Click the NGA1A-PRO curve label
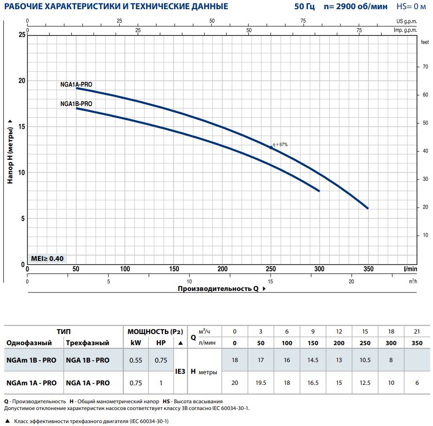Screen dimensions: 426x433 tap(77, 84)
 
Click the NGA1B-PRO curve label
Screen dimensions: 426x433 tap(77, 104)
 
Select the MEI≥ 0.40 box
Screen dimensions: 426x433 tap(47, 259)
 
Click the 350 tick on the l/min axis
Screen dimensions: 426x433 tap(369, 269)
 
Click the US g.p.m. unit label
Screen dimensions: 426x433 tap(406, 21)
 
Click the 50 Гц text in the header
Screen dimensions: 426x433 tap(304, 7)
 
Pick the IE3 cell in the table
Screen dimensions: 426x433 tap(180, 371)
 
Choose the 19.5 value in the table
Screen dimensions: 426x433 tap(261, 383)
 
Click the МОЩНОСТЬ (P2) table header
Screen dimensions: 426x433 tap(155, 331)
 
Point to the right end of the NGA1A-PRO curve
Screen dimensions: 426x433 tap(368, 208)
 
